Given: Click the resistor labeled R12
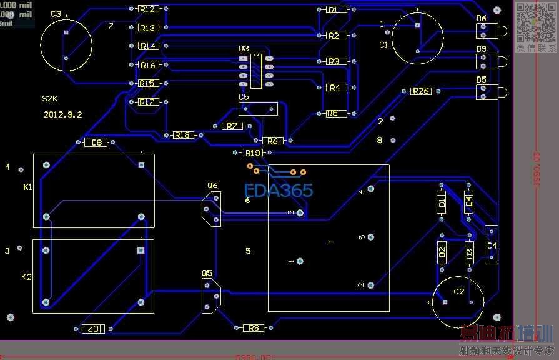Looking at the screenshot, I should (149, 9).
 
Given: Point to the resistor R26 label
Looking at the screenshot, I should (421, 91).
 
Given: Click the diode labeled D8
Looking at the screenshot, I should (96, 143).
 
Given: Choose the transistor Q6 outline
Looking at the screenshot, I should (211, 209).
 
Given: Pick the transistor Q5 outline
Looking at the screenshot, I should (211, 296).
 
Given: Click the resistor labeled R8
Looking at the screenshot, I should (254, 327).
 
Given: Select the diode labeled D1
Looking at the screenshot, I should (442, 203).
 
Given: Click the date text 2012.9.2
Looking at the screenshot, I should (62, 114).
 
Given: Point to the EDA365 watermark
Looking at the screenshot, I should (279, 191).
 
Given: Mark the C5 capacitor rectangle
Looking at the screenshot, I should (258, 109).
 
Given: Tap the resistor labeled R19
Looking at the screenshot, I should (252, 152).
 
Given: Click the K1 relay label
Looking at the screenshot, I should (27, 187).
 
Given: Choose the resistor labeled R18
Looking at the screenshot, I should (183, 135).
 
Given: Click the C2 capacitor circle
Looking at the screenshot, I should (458, 302).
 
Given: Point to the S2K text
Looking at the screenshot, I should (49, 99).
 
